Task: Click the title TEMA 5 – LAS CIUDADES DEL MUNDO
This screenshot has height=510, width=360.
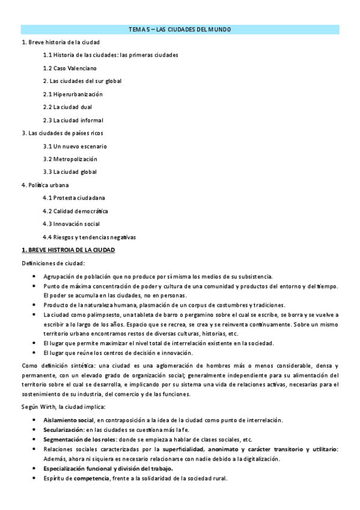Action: point(180,29)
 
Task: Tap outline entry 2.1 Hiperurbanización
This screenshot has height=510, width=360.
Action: point(73,94)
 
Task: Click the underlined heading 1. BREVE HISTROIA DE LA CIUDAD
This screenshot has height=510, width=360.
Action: point(68,250)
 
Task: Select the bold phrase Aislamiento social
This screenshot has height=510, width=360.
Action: point(69,420)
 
